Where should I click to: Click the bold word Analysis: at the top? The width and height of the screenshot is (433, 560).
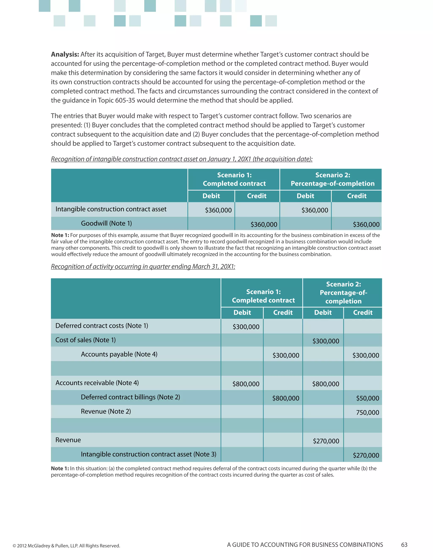tap(65, 54)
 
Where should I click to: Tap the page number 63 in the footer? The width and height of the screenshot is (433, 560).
tap(404, 545)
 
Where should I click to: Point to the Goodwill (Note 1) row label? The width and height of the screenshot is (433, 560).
tap(106, 223)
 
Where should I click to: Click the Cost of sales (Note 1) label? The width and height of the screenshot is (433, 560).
tap(85, 340)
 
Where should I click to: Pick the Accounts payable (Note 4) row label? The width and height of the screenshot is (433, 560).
tap(119, 354)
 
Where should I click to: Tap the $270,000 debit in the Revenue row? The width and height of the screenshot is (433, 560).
tap(326, 441)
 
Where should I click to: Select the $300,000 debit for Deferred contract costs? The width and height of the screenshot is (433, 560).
tap(246, 327)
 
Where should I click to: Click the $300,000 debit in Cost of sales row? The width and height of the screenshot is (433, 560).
tap(326, 341)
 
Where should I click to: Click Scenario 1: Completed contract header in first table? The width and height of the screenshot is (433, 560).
tap(234, 179)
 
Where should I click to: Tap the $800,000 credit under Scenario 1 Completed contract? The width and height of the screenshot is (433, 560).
tap(285, 398)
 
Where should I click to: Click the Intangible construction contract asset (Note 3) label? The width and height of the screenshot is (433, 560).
tap(148, 454)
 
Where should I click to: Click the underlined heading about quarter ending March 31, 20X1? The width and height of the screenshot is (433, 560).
tap(143, 267)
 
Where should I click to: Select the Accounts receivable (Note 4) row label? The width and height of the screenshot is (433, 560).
tap(97, 383)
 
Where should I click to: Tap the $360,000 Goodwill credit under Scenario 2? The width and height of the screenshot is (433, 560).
tap(366, 225)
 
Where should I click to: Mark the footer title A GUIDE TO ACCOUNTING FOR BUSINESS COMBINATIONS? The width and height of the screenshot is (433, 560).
tap(305, 545)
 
